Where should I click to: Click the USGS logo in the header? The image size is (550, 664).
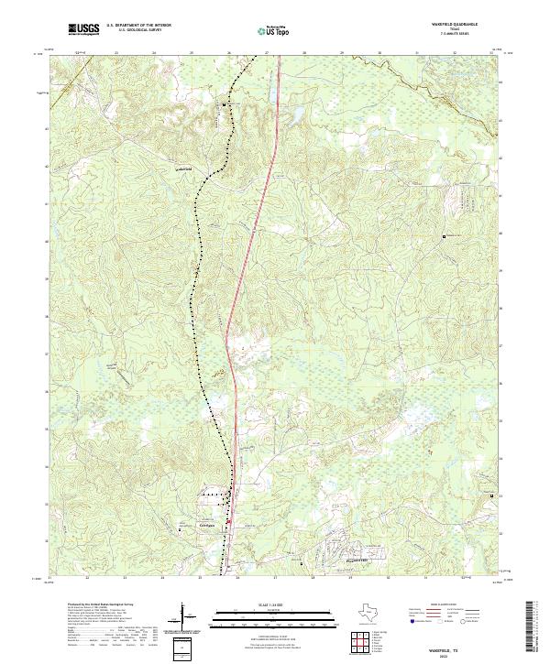(83, 29)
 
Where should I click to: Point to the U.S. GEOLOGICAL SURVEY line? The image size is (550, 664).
(136, 31)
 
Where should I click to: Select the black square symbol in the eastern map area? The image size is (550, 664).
(445, 236)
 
